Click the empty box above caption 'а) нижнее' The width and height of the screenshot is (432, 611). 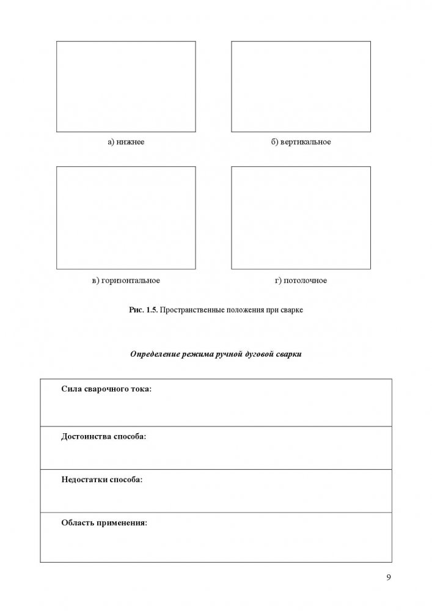click(x=126, y=86)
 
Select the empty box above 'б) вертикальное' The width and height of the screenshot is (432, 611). click(x=301, y=86)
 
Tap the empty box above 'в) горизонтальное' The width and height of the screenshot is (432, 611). click(x=126, y=218)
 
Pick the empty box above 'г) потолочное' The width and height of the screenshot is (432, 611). click(x=301, y=218)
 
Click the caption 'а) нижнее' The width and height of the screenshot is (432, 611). click(x=126, y=142)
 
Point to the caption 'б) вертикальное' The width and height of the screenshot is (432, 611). click(x=301, y=142)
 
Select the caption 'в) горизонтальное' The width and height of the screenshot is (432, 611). click(x=126, y=280)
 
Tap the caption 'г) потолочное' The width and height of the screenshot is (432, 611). click(x=301, y=280)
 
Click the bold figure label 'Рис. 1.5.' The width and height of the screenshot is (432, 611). click(x=144, y=310)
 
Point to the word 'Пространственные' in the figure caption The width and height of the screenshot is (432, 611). click(x=189, y=310)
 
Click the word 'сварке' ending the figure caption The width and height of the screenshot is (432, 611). click(x=291, y=310)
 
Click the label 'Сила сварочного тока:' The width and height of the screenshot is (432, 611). click(x=106, y=389)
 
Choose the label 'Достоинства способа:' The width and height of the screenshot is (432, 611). click(x=104, y=437)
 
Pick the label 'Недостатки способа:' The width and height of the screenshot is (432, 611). click(x=102, y=480)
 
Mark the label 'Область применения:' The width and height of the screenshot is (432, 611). click(x=104, y=523)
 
